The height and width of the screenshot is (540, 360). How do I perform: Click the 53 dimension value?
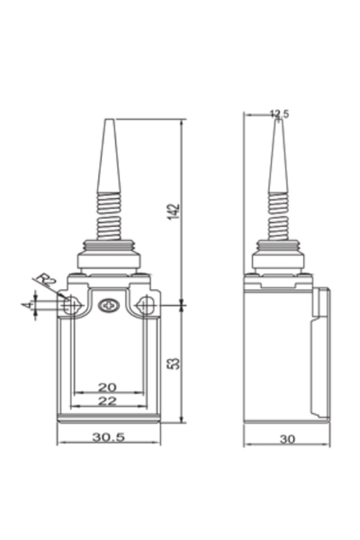click(x=175, y=363)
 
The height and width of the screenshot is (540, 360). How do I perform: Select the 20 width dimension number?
click(x=107, y=387)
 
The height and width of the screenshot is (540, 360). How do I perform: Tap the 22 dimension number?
click(x=107, y=400)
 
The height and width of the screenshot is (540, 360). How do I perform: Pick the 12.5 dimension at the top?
click(x=280, y=114)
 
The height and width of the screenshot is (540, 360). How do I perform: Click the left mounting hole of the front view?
click(x=70, y=307)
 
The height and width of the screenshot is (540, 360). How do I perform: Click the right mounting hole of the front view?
click(x=144, y=307)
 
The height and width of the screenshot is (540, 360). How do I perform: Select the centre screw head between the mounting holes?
click(x=108, y=306)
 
